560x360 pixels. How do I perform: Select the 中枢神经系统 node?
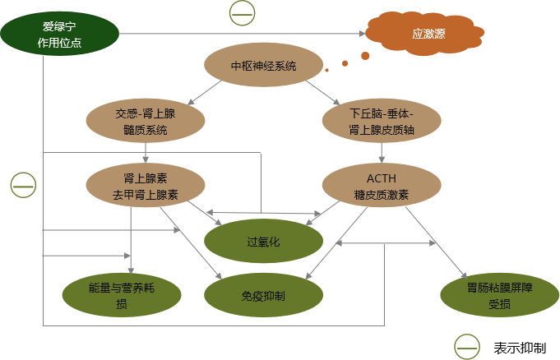pyautogui.click(x=263, y=67)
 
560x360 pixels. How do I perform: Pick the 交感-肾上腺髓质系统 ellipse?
pyautogui.click(x=146, y=121)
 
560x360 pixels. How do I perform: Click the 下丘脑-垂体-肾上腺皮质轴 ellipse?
pyautogui.click(x=381, y=121)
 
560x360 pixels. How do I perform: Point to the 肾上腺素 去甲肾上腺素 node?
pyautogui.click(x=146, y=186)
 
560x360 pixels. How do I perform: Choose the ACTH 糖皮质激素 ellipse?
pyautogui.click(x=381, y=186)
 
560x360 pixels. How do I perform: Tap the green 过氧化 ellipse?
pyautogui.click(x=263, y=242)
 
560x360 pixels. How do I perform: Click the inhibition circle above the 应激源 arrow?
pyautogui.click(x=241, y=12)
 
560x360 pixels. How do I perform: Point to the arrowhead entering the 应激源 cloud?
pyautogui.click(x=361, y=34)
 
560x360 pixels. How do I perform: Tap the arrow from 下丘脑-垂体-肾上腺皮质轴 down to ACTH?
pyautogui.click(x=381, y=152)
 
